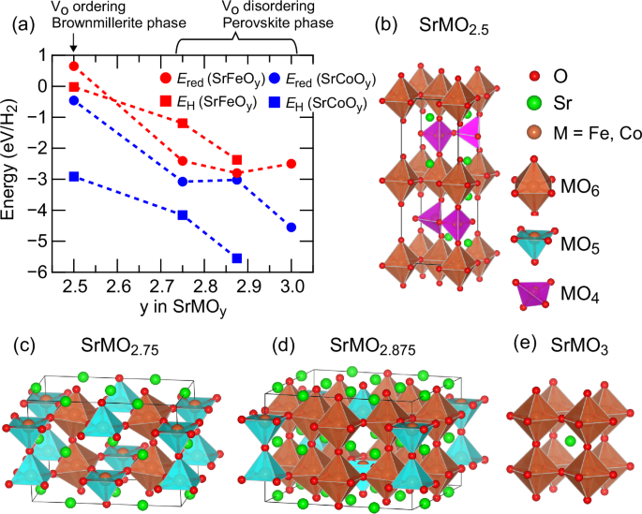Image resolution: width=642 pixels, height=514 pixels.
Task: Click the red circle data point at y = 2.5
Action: click(75, 66)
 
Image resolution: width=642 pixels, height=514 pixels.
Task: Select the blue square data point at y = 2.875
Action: click(237, 258)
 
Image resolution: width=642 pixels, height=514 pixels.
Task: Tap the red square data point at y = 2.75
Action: click(183, 124)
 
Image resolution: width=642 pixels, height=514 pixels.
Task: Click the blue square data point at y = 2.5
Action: click(75, 176)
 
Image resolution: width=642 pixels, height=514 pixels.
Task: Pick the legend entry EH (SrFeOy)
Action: click(210, 101)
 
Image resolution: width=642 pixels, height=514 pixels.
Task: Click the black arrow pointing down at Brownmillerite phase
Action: click(75, 45)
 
